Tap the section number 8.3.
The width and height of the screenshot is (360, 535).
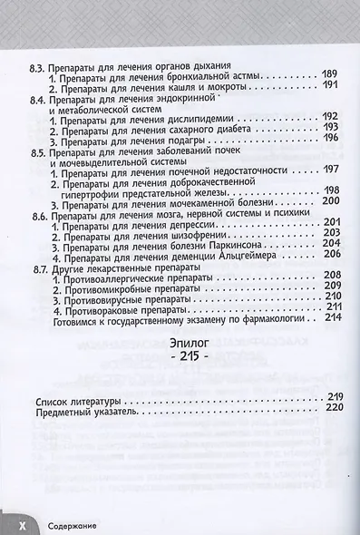tap(40, 67)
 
